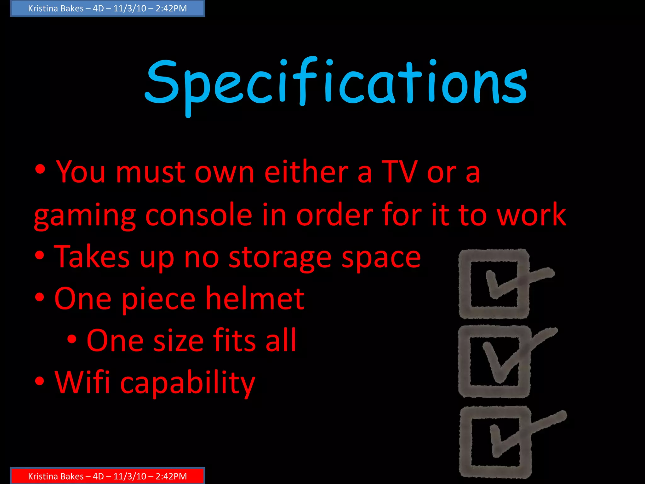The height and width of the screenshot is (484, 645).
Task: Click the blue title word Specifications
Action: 336,83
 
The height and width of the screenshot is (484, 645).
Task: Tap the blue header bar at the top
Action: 107,9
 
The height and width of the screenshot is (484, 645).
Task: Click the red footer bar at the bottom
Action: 107,476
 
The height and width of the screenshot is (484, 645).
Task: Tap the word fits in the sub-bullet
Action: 235,340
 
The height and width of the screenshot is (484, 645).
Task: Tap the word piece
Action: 158,299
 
